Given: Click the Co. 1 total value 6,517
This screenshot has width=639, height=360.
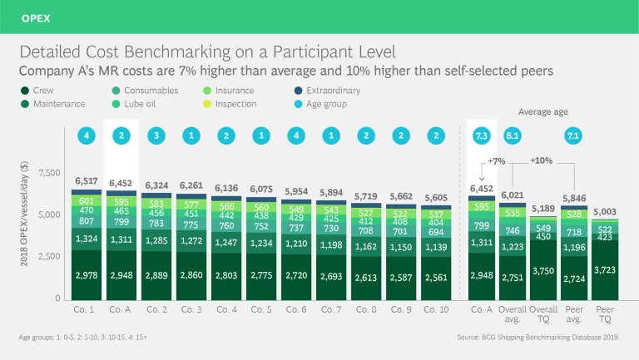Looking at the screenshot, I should [87, 180].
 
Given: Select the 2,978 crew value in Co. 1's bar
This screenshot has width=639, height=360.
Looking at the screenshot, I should [87, 274].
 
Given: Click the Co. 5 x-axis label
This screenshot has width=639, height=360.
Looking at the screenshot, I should [262, 309].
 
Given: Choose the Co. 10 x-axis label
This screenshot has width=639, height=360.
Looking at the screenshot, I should [436, 309].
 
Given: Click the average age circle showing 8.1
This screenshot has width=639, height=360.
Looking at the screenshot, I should [513, 135].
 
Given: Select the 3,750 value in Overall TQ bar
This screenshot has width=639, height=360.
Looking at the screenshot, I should [542, 270].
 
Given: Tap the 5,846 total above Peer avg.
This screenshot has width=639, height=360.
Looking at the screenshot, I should [574, 198].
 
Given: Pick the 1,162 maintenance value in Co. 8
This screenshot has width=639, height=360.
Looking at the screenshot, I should [366, 247].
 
